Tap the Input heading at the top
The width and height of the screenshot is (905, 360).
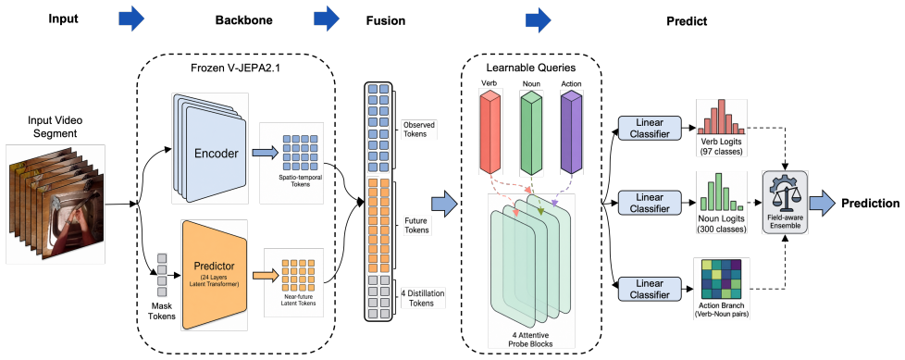63,19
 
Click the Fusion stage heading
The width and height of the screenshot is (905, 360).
386,20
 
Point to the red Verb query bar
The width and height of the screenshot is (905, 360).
490,131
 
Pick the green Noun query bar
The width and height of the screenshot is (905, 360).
530,131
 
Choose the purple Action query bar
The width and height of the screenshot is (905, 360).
571,131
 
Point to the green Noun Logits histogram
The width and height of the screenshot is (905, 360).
722,195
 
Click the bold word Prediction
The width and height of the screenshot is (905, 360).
871,203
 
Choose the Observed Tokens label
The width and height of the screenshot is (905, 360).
418,130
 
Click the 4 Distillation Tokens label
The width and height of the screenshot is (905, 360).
423,298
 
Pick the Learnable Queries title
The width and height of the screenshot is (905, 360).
531,68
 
